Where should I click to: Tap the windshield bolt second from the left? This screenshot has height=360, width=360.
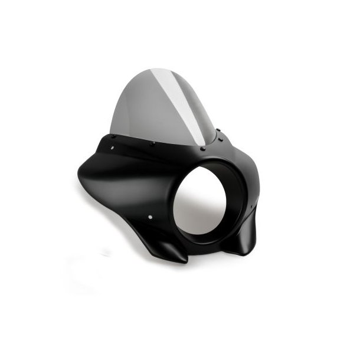point(152,143)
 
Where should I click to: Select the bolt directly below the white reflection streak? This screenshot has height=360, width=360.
point(202,149)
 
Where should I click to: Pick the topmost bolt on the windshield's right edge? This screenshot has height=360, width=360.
point(219,131)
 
